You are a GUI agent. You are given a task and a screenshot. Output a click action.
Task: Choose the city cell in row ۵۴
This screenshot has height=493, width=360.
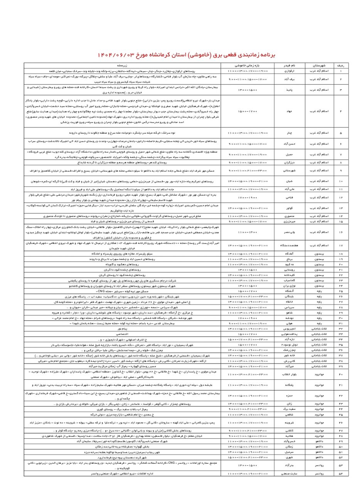(319, 473)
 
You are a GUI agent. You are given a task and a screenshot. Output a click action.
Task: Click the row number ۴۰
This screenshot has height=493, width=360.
(340, 374)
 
